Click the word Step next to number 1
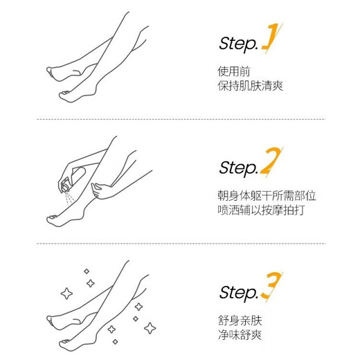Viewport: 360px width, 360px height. click(237, 44)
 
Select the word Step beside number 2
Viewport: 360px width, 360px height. click(237, 168)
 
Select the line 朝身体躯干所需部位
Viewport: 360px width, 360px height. click(266, 195)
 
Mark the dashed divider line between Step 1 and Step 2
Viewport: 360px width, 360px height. click(180, 120)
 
